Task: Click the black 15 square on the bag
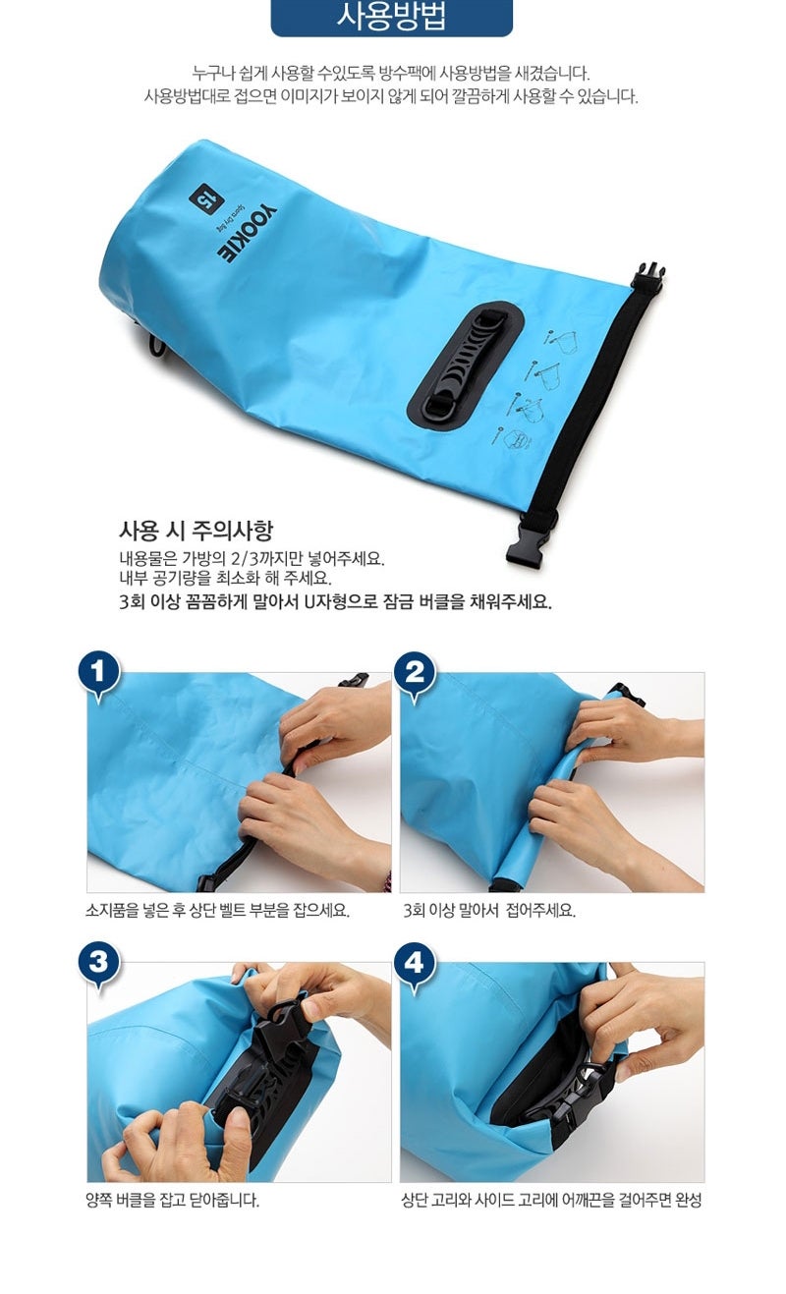tap(206, 201)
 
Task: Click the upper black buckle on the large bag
tap(647, 276)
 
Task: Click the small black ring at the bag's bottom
tap(157, 346)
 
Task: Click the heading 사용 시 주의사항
tap(196, 531)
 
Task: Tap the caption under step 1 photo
tap(218, 911)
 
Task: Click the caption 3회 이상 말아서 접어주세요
tap(489, 911)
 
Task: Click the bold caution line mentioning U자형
tap(336, 602)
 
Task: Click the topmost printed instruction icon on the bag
tap(561, 341)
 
